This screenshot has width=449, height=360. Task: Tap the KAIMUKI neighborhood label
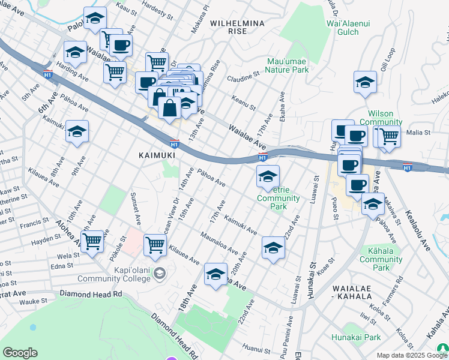(157, 155)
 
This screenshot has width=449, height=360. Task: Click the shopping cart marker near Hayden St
(92, 242)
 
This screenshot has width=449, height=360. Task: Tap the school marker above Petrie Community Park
(268, 176)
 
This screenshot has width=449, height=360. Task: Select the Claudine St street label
(243, 77)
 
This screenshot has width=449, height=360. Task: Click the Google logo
(20, 353)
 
